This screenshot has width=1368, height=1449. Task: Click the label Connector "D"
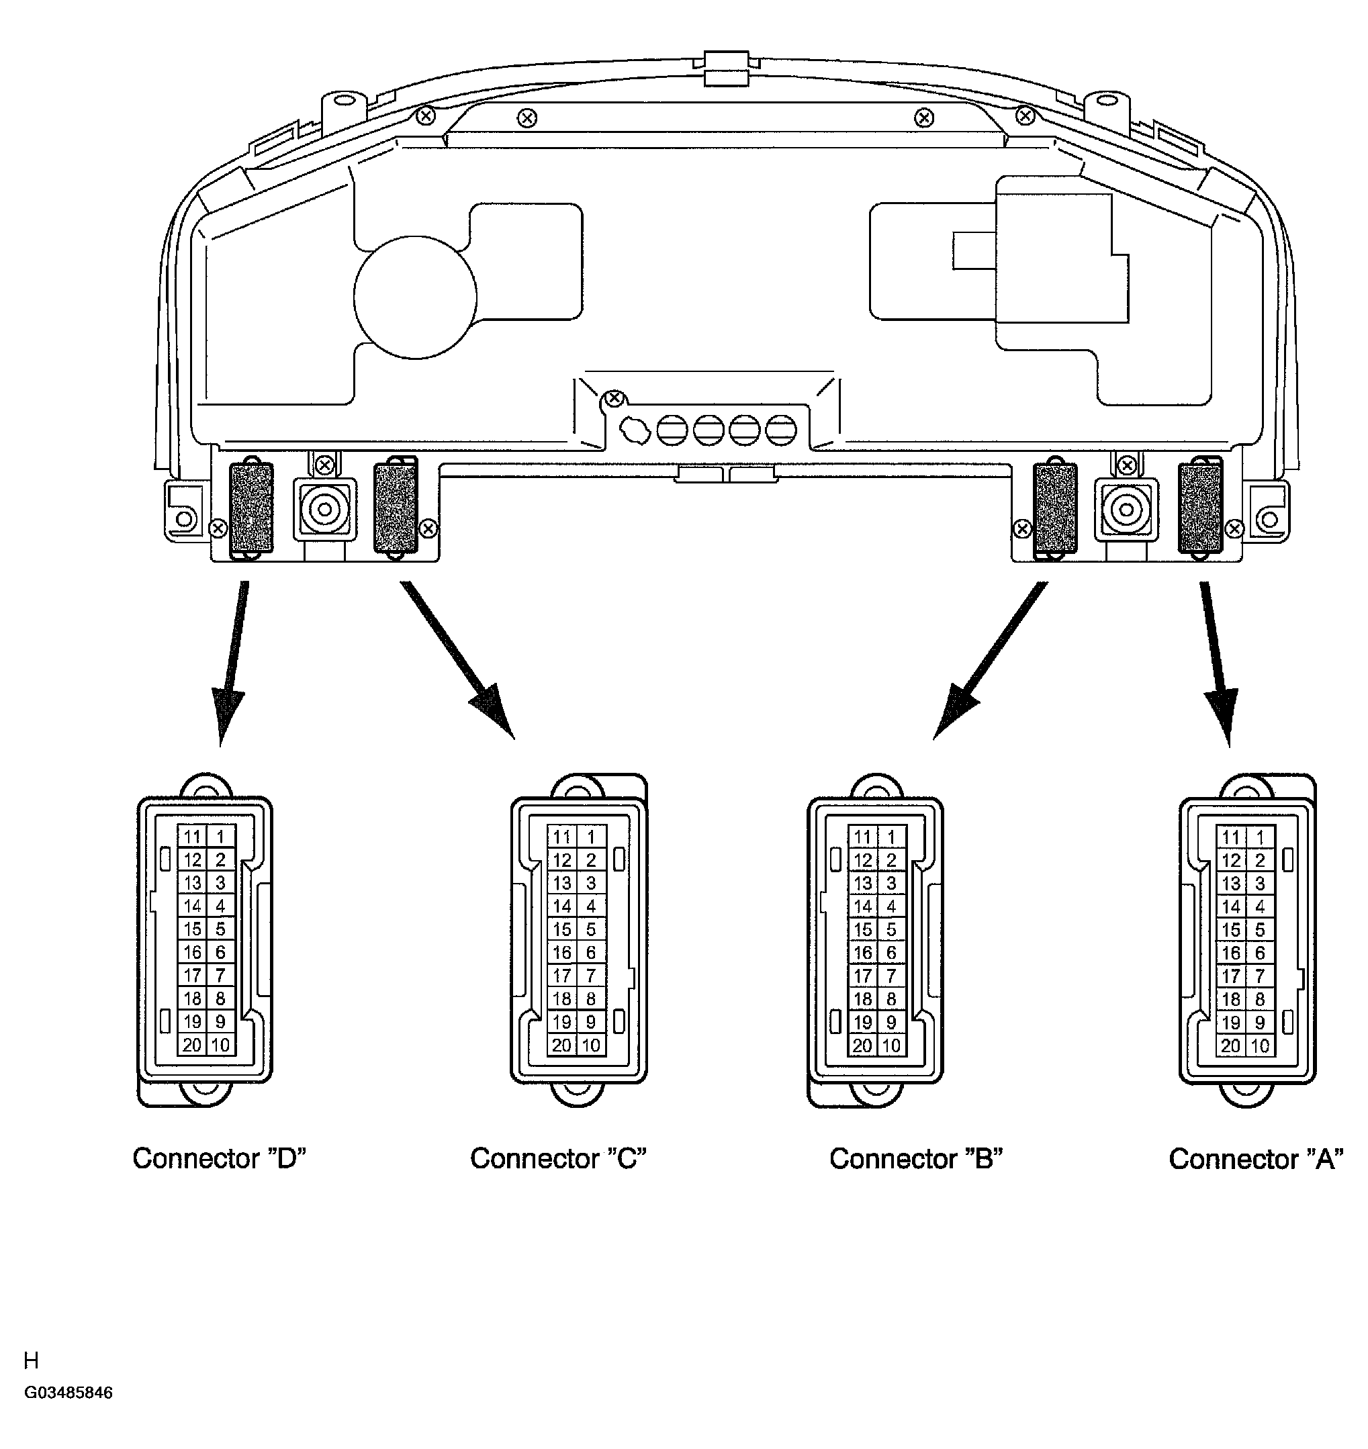(x=219, y=1158)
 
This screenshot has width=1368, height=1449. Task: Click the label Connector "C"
(x=558, y=1158)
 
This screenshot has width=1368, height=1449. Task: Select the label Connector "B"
(x=916, y=1159)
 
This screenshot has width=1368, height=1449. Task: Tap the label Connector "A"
(x=1256, y=1159)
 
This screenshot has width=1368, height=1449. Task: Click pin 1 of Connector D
(x=220, y=837)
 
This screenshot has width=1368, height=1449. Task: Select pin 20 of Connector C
(x=561, y=1045)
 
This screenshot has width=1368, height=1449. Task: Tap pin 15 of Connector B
(x=863, y=930)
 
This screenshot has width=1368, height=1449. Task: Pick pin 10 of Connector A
(x=1260, y=1045)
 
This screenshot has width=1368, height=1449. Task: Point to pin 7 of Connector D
(x=220, y=975)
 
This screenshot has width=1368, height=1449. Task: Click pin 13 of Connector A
(x=1231, y=884)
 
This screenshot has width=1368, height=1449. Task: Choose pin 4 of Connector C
(x=591, y=906)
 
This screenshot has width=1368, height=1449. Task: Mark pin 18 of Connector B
(x=863, y=999)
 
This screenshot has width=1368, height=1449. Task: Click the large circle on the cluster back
(x=415, y=297)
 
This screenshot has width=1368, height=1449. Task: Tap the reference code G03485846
(x=69, y=1393)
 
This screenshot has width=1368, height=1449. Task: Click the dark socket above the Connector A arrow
(x=1199, y=508)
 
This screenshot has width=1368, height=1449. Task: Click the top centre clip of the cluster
(x=726, y=68)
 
